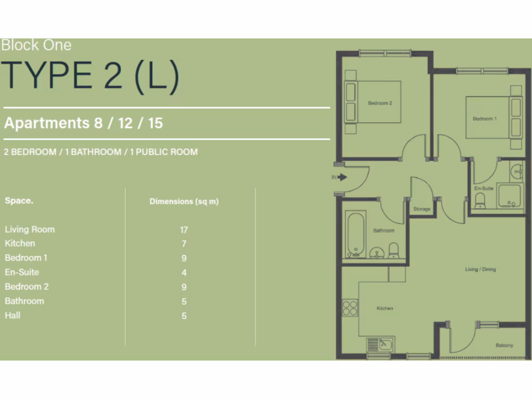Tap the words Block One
point(36,45)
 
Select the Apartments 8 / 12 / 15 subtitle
point(84,123)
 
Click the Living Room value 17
point(184,230)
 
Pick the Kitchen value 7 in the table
point(184,244)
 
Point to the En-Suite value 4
point(184,273)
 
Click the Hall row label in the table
point(12,315)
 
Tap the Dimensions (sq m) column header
point(184,202)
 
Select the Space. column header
point(19,201)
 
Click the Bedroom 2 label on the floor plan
point(380,103)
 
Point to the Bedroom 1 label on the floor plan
point(484,118)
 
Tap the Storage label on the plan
point(422,209)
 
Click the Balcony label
point(504,345)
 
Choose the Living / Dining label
point(480,270)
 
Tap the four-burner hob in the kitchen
point(350,308)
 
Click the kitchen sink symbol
point(381,344)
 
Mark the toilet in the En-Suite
point(480,200)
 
